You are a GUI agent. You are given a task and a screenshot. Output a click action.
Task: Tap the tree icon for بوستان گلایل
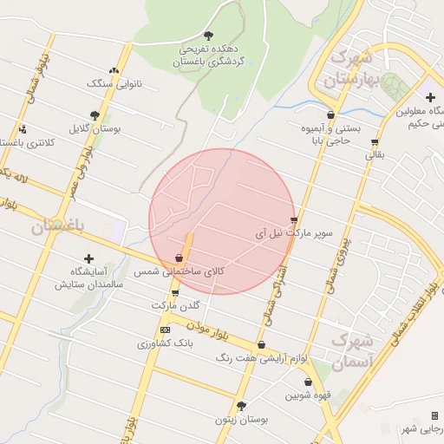[95, 114]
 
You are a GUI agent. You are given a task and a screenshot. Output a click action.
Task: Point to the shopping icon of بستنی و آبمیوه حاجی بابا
[330, 114]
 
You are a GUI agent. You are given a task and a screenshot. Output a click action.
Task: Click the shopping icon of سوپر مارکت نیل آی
[295, 219]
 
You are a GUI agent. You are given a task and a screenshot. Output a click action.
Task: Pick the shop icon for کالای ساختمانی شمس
[179, 258]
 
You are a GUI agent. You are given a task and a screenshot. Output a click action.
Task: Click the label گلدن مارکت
[175, 306]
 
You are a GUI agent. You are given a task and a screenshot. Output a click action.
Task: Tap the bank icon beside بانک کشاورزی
[166, 330]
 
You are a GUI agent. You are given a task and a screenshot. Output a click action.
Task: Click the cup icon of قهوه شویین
[306, 382]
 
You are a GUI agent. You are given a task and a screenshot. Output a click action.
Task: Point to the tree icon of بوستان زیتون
[241, 406]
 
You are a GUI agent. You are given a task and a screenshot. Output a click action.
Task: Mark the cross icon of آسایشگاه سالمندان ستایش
[88, 258]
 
